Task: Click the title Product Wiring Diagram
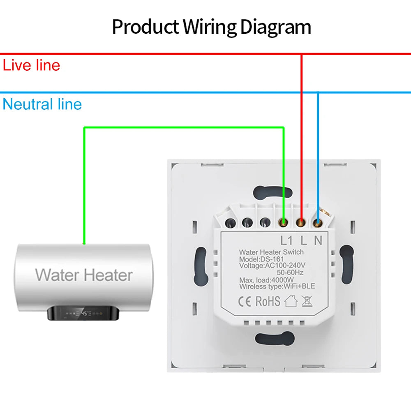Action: pyautogui.click(x=211, y=27)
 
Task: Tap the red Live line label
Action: pyautogui.click(x=32, y=65)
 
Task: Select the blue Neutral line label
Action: pyautogui.click(x=42, y=104)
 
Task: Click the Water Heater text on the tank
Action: pyautogui.click(x=84, y=275)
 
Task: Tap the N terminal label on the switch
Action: pyautogui.click(x=318, y=240)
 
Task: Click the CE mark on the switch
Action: pyautogui.click(x=245, y=301)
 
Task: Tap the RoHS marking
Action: pyautogui.click(x=268, y=301)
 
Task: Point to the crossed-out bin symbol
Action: pyautogui.click(x=306, y=301)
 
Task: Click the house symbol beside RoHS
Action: pyautogui.click(x=291, y=301)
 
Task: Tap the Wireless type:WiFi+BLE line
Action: pyautogui.click(x=277, y=286)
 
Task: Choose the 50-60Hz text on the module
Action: pyautogui.click(x=290, y=272)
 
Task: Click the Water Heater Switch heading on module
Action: pyautogui.click(x=271, y=252)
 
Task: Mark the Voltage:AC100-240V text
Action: pyautogui.click(x=275, y=266)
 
